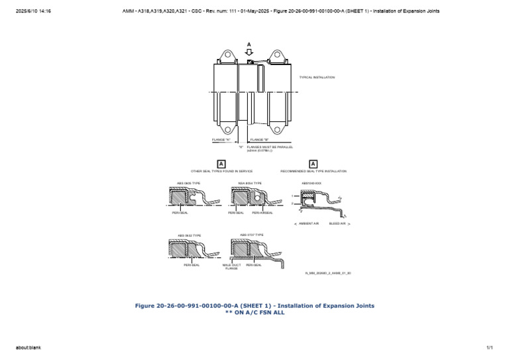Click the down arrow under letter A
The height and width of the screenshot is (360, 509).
tap(249, 53)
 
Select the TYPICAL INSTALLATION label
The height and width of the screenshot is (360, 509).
tap(319, 78)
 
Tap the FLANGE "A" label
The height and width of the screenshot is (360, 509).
tap(221, 140)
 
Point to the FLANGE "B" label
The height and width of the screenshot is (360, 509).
tap(259, 140)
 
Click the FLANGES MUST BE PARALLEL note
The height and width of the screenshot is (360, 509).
tap(270, 149)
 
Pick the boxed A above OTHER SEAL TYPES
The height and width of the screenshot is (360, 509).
tap(221, 164)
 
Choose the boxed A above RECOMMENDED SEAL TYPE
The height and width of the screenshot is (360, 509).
tap(313, 164)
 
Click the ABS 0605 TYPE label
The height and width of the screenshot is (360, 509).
tap(188, 182)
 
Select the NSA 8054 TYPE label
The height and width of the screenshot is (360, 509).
tap(250, 182)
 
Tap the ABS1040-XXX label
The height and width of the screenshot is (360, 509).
tap(311, 182)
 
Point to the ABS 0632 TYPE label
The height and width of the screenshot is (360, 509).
tap(189, 235)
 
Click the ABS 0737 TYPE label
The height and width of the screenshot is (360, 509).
tap(251, 235)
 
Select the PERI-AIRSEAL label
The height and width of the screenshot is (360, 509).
tap(262, 213)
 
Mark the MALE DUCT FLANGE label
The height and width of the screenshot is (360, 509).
tap(231, 267)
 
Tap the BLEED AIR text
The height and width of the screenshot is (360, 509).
tap(338, 224)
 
